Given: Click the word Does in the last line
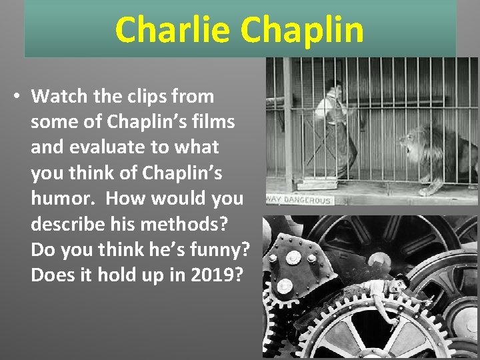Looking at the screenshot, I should [x=51, y=275].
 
